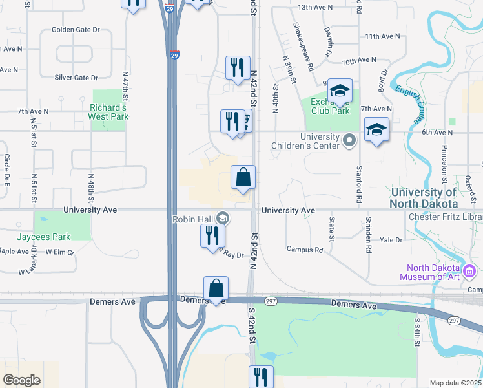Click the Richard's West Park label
pos(109,112)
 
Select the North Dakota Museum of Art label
pos(433,273)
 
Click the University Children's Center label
pos(320,141)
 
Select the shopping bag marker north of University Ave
pos(243,178)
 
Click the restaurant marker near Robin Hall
pos(212,237)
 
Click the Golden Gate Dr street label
pos(76,30)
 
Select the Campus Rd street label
pos(304,250)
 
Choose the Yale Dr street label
pos(391,239)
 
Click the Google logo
pos(22,380)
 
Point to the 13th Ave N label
pos(315,7)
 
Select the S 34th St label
pos(418,331)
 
